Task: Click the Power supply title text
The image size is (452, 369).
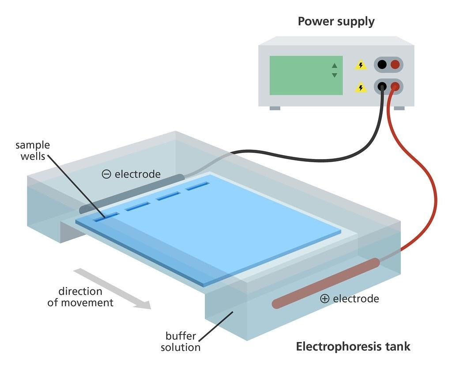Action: point(336,21)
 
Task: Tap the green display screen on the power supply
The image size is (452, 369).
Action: point(306,75)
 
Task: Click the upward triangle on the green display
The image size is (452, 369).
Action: point(334,66)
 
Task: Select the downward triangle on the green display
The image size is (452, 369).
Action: point(334,75)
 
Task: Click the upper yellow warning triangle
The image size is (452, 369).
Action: point(361,65)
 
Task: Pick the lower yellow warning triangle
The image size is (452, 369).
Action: point(361,87)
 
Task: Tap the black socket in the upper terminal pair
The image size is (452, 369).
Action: point(382,65)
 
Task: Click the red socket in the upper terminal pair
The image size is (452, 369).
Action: point(395,65)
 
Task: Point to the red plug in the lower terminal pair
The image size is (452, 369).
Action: point(395,87)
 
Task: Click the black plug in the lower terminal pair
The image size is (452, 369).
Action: point(382,87)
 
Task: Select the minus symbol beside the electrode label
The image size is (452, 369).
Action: point(106,174)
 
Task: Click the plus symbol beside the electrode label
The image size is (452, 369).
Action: point(324,299)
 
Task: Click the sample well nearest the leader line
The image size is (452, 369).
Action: point(106,217)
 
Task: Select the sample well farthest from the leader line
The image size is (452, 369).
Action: point(197,186)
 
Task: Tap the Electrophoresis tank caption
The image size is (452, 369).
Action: point(353,346)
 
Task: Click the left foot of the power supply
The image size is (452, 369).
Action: point(275,108)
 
